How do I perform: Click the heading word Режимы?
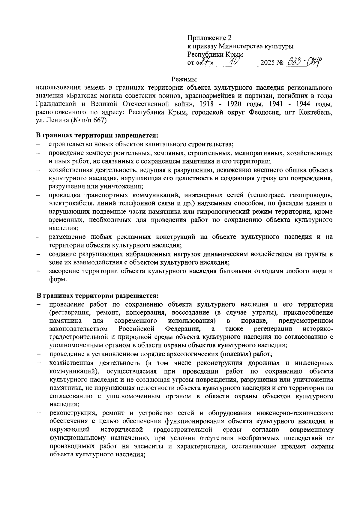point(184,79)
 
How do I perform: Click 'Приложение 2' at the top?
point(209,38)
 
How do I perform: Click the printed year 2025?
point(268,63)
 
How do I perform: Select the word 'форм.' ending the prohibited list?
point(57,279)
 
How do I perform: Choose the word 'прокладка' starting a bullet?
point(62,196)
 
